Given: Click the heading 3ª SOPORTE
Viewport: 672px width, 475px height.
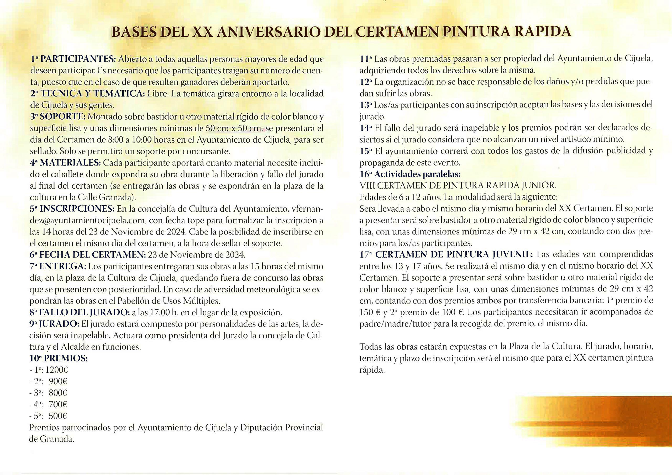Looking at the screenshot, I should click(x=58, y=117).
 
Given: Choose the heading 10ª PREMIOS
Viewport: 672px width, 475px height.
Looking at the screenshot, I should click(x=59, y=358).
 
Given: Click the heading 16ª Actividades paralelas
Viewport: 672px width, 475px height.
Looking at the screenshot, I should click(x=410, y=174).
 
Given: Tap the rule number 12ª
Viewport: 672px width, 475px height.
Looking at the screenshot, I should click(x=366, y=82).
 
